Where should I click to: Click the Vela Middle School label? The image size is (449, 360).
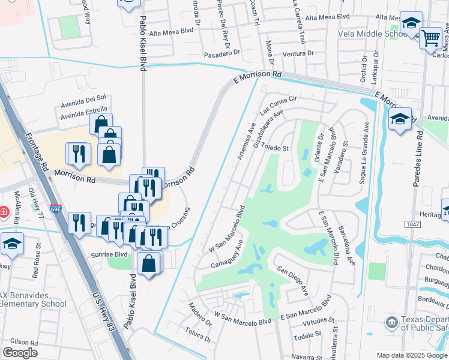(x=373, y=34)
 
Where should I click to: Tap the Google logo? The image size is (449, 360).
(x=20, y=353)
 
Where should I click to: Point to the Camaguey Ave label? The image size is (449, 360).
(x=226, y=254)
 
